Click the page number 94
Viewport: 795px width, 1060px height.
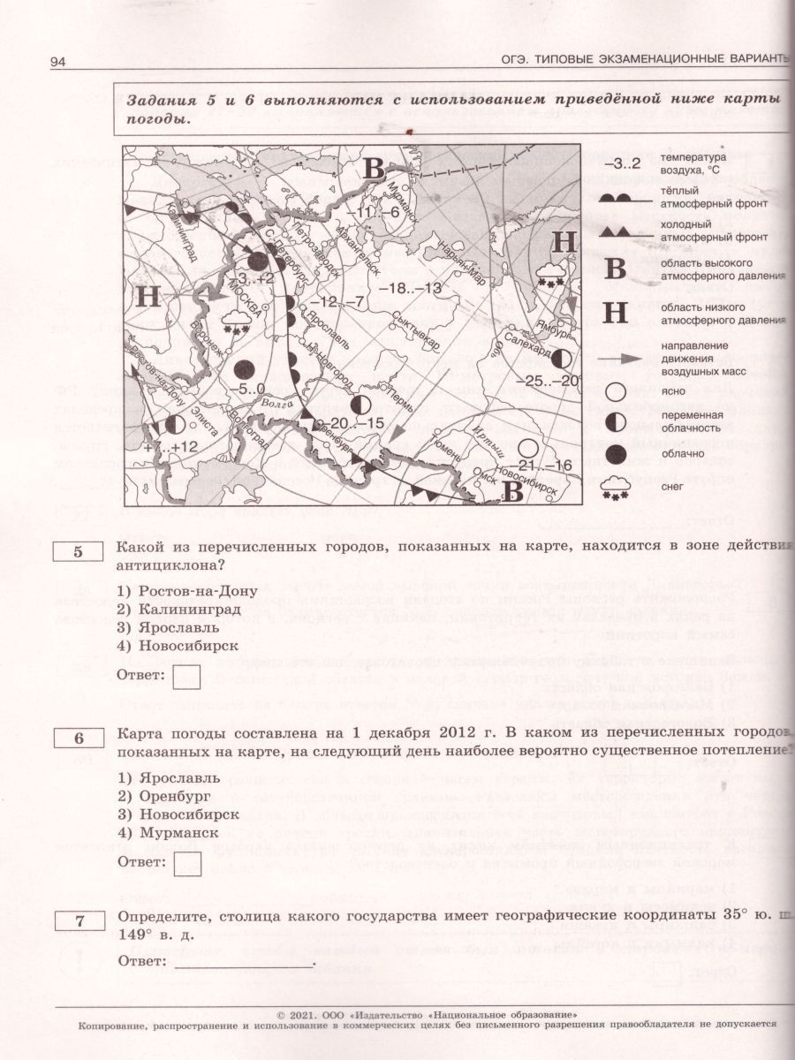click(59, 61)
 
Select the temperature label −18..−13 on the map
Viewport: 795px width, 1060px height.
click(409, 289)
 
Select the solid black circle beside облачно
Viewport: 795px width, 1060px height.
click(617, 453)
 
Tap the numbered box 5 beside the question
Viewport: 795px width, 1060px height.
click(77, 552)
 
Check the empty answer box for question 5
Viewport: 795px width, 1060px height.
click(186, 677)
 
